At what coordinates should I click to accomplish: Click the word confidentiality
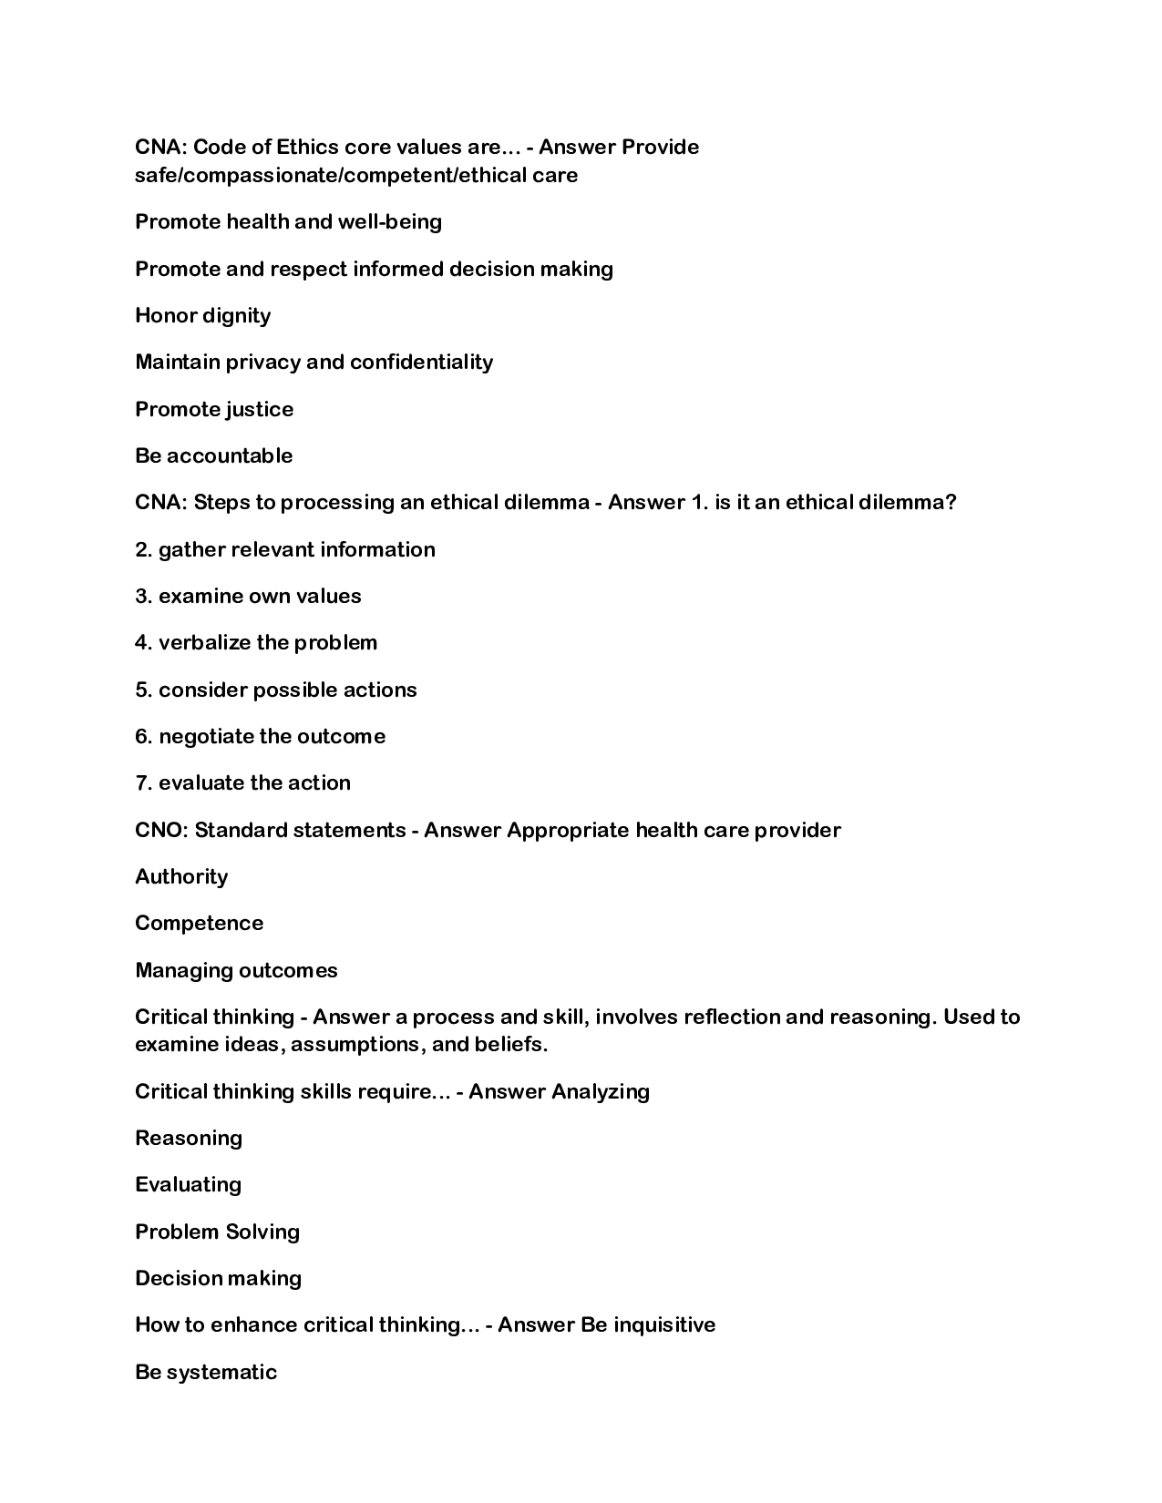click(421, 362)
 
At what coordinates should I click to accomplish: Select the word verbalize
click(204, 642)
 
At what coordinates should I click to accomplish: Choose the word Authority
click(181, 876)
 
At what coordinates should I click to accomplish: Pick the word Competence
click(199, 923)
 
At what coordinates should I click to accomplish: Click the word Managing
click(182, 970)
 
